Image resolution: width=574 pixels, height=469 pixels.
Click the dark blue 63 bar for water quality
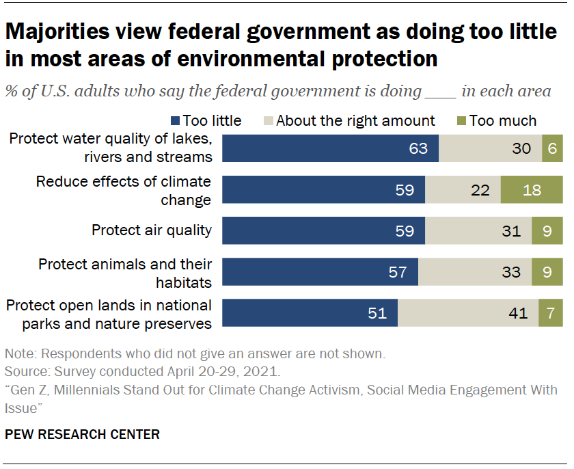[x=331, y=148]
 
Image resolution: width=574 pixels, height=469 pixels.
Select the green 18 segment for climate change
[x=532, y=189]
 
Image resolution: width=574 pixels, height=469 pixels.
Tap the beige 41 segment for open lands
[x=468, y=313]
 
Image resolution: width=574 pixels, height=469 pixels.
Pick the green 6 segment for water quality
[x=552, y=148]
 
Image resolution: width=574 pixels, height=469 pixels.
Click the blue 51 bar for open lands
[x=310, y=313]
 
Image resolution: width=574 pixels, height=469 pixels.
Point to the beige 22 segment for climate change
[x=463, y=189]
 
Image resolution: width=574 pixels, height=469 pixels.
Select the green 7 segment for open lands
[x=551, y=313]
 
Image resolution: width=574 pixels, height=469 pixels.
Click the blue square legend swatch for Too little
[x=176, y=121]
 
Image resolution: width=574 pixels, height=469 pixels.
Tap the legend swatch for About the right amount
[x=267, y=121]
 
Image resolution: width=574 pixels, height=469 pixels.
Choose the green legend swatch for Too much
[x=461, y=121]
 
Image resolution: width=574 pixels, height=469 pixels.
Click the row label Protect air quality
[x=152, y=230]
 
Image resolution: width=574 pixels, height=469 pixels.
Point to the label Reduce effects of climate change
[x=124, y=190]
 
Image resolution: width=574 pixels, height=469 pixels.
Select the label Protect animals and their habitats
[x=125, y=272]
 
